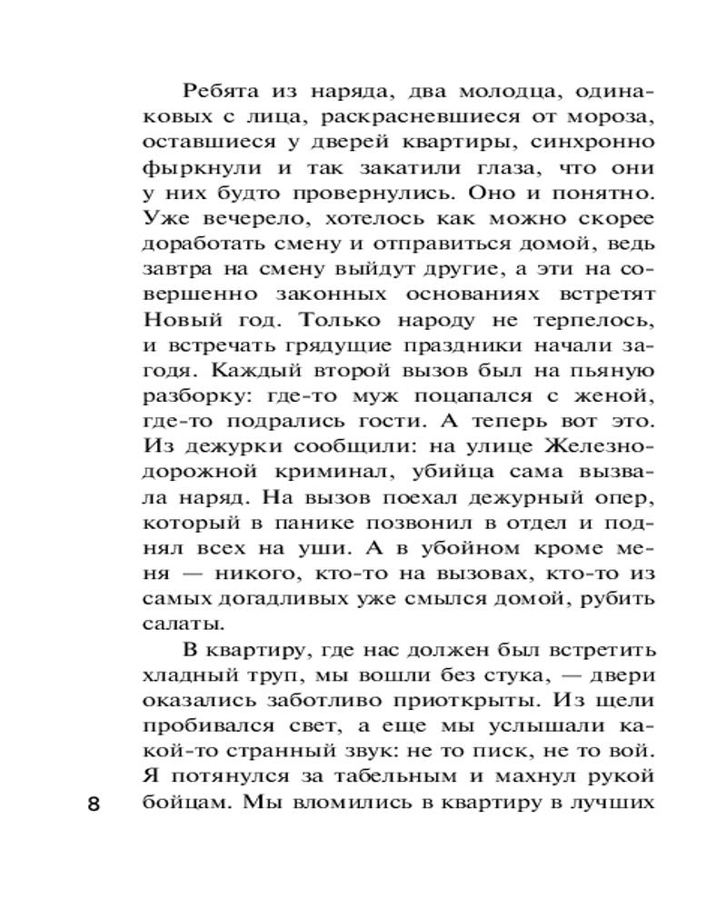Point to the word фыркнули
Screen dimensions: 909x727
coord(191,170)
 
